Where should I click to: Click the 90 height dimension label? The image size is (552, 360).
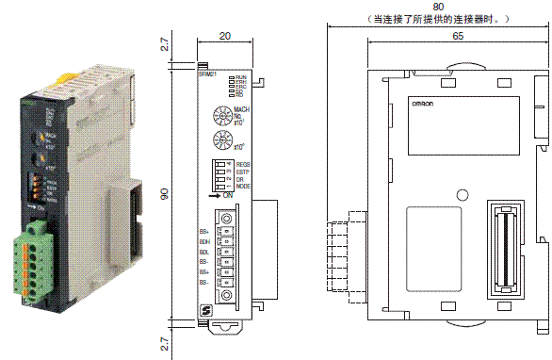[x=164, y=192]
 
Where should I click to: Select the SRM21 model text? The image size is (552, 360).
[x=207, y=74]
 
